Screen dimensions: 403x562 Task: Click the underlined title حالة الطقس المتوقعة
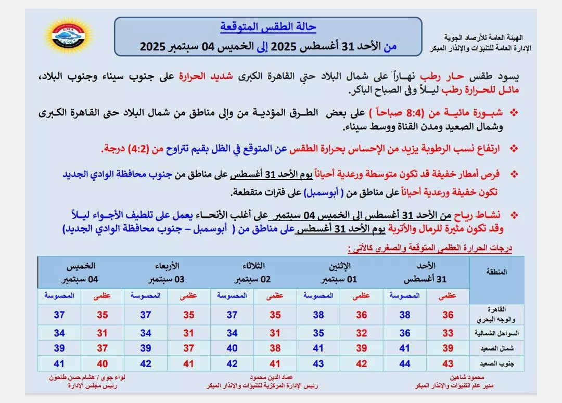268,27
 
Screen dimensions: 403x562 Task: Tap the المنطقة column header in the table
495,272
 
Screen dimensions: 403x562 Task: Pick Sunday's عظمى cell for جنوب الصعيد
448,364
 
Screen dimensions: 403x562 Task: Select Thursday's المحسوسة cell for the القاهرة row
59,315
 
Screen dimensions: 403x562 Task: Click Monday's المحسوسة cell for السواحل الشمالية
318,333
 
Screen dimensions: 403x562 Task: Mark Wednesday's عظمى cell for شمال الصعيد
188,348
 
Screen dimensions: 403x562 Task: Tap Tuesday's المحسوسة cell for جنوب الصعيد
232,364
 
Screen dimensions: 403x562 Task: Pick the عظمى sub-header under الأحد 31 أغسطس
448,295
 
